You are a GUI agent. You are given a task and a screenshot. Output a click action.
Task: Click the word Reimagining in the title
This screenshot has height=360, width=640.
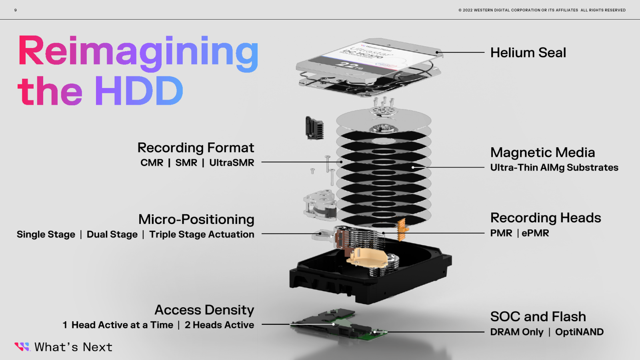coord(138,52)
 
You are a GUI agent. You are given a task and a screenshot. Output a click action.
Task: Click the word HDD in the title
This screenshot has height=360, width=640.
coord(139,91)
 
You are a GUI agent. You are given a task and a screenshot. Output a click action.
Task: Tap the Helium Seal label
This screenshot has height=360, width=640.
coord(528,52)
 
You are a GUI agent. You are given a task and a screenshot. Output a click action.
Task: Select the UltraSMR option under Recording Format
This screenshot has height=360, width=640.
coord(232,163)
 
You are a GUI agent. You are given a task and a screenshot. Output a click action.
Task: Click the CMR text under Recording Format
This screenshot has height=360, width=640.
coord(152,163)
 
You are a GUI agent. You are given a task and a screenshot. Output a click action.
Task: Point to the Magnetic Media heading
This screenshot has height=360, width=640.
coord(542,152)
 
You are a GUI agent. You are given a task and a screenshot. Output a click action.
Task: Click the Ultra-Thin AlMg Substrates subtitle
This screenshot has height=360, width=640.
coord(554,168)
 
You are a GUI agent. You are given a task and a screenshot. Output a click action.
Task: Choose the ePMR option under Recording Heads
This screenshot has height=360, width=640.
coord(535,233)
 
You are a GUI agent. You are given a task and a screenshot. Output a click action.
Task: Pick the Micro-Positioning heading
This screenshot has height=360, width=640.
coord(196,219)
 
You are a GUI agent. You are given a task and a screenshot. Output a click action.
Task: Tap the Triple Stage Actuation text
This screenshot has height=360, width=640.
coord(202,234)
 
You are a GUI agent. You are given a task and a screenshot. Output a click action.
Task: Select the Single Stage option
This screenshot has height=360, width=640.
coord(46,234)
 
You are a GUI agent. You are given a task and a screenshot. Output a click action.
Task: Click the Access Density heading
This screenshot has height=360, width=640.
coord(204,310)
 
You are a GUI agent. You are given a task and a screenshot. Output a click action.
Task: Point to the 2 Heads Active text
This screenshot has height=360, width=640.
coord(219,325)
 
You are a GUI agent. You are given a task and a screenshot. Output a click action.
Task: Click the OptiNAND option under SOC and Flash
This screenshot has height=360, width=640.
coord(579,332)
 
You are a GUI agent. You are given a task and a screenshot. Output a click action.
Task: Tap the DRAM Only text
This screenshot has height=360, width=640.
coord(517,332)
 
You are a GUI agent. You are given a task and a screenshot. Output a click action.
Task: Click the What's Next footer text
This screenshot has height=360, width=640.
coord(73,347)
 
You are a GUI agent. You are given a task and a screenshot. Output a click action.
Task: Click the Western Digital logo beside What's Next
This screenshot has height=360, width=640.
coord(22,347)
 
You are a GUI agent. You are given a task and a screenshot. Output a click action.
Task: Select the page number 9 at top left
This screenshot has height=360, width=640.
coord(16,10)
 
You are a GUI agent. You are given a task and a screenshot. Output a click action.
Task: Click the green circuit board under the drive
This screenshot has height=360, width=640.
coord(340,324)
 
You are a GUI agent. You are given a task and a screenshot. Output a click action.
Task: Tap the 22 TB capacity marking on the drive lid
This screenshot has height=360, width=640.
coord(348,65)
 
